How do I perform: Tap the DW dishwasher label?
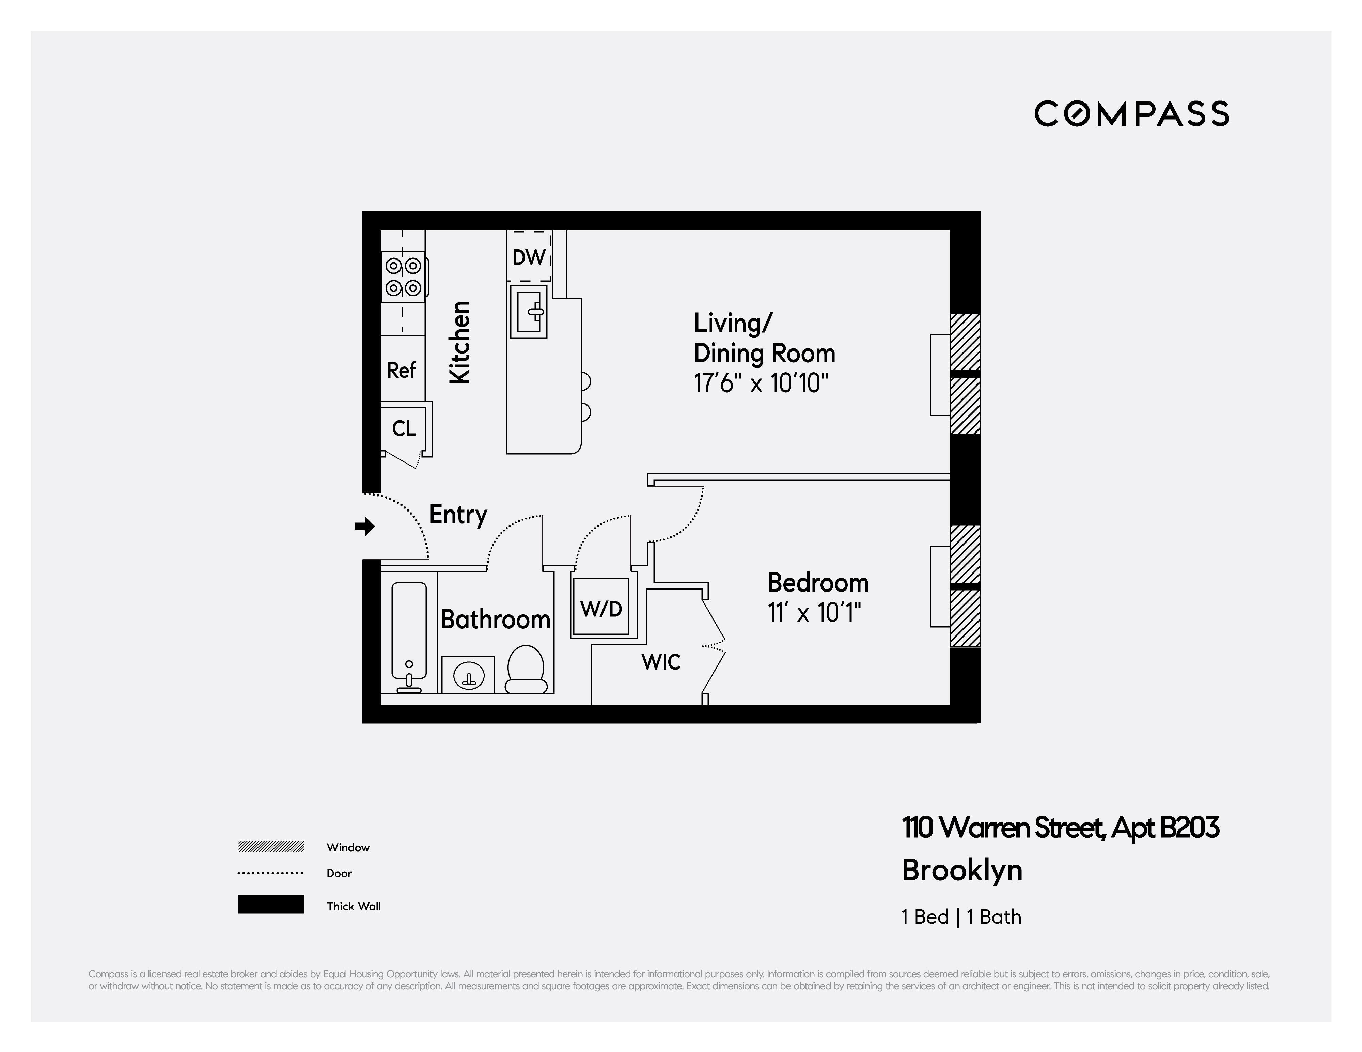[529, 257]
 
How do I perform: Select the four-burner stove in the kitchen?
[403, 277]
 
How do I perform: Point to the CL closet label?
[404, 428]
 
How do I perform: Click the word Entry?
[458, 515]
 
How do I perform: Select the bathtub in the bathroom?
[409, 631]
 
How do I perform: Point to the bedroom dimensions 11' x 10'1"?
[814, 613]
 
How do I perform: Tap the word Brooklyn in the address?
[961, 870]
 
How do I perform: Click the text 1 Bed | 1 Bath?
[961, 917]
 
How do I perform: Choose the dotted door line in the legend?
[271, 873]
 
